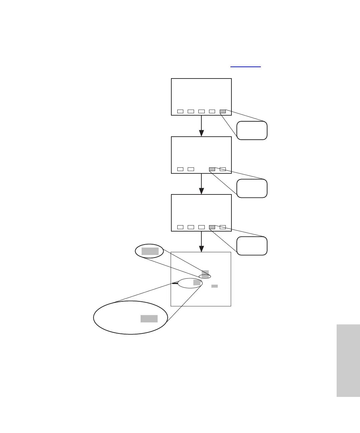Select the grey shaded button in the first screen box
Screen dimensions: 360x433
pyautogui.click(x=223, y=111)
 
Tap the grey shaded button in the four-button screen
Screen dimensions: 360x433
pyautogui.click(x=212, y=169)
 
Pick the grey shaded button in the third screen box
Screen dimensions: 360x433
pyautogui.click(x=212, y=227)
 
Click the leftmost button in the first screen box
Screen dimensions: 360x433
pyautogui.click(x=180, y=111)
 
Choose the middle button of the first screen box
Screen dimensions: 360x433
pyautogui.click(x=201, y=111)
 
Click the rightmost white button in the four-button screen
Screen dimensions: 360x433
pyautogui.click(x=223, y=169)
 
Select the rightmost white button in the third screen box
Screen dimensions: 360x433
pyautogui.click(x=223, y=227)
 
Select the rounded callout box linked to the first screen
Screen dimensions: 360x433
pyautogui.click(x=252, y=130)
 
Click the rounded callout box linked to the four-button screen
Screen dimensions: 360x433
pyautogui.click(x=252, y=188)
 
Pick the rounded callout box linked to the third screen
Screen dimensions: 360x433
pyautogui.click(x=252, y=246)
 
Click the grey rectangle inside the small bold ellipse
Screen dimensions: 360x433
pyautogui.click(x=150, y=251)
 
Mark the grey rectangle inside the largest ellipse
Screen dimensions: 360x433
pyautogui.click(x=149, y=318)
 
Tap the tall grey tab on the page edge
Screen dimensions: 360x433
pyautogui.click(x=348, y=360)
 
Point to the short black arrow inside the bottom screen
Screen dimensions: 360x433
pyautogui.click(x=175, y=283)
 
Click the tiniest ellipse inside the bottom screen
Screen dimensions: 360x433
pyautogui.click(x=205, y=276)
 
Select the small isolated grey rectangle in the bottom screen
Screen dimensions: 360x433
pyautogui.click(x=214, y=286)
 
